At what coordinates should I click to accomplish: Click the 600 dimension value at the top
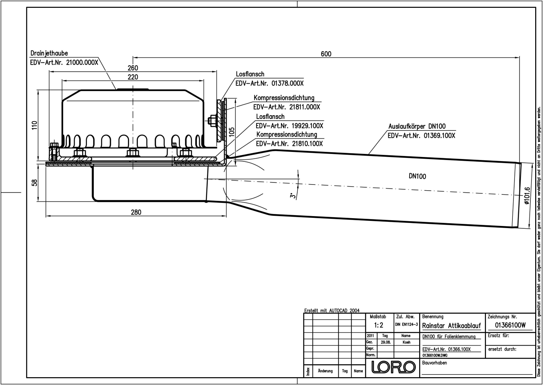click(326, 54)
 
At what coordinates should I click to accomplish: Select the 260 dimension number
click(133, 68)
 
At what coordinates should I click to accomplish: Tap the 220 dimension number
click(133, 77)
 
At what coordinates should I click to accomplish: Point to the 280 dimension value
click(136, 212)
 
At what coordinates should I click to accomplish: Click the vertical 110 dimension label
click(34, 125)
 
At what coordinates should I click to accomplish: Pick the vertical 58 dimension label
click(34, 182)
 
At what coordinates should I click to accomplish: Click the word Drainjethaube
click(49, 53)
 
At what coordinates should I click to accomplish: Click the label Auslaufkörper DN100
click(417, 126)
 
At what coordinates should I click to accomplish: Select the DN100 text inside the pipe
click(417, 176)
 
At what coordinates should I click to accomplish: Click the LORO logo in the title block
click(394, 367)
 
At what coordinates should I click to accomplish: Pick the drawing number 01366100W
click(510, 325)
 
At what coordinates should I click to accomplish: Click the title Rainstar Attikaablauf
click(451, 326)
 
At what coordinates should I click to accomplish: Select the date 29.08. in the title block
click(386, 342)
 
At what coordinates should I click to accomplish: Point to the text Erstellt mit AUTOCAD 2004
click(332, 311)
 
